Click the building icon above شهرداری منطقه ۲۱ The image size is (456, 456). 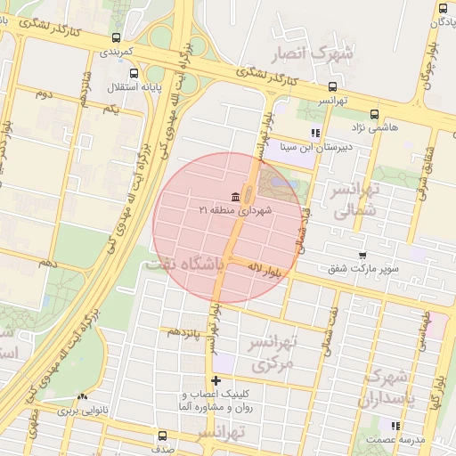235,197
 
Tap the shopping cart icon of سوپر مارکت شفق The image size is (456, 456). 361,256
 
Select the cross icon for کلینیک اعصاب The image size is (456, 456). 216,381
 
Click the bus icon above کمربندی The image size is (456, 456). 117,38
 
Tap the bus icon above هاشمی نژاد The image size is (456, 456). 373,114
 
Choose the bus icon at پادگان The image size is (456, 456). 443,7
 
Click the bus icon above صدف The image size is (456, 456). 162,436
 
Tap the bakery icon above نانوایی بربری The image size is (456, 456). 83,397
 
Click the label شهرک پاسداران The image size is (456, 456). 386,388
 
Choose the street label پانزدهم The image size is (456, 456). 184,331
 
